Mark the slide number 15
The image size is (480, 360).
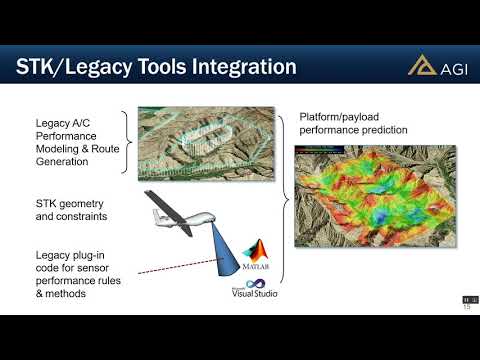465,307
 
